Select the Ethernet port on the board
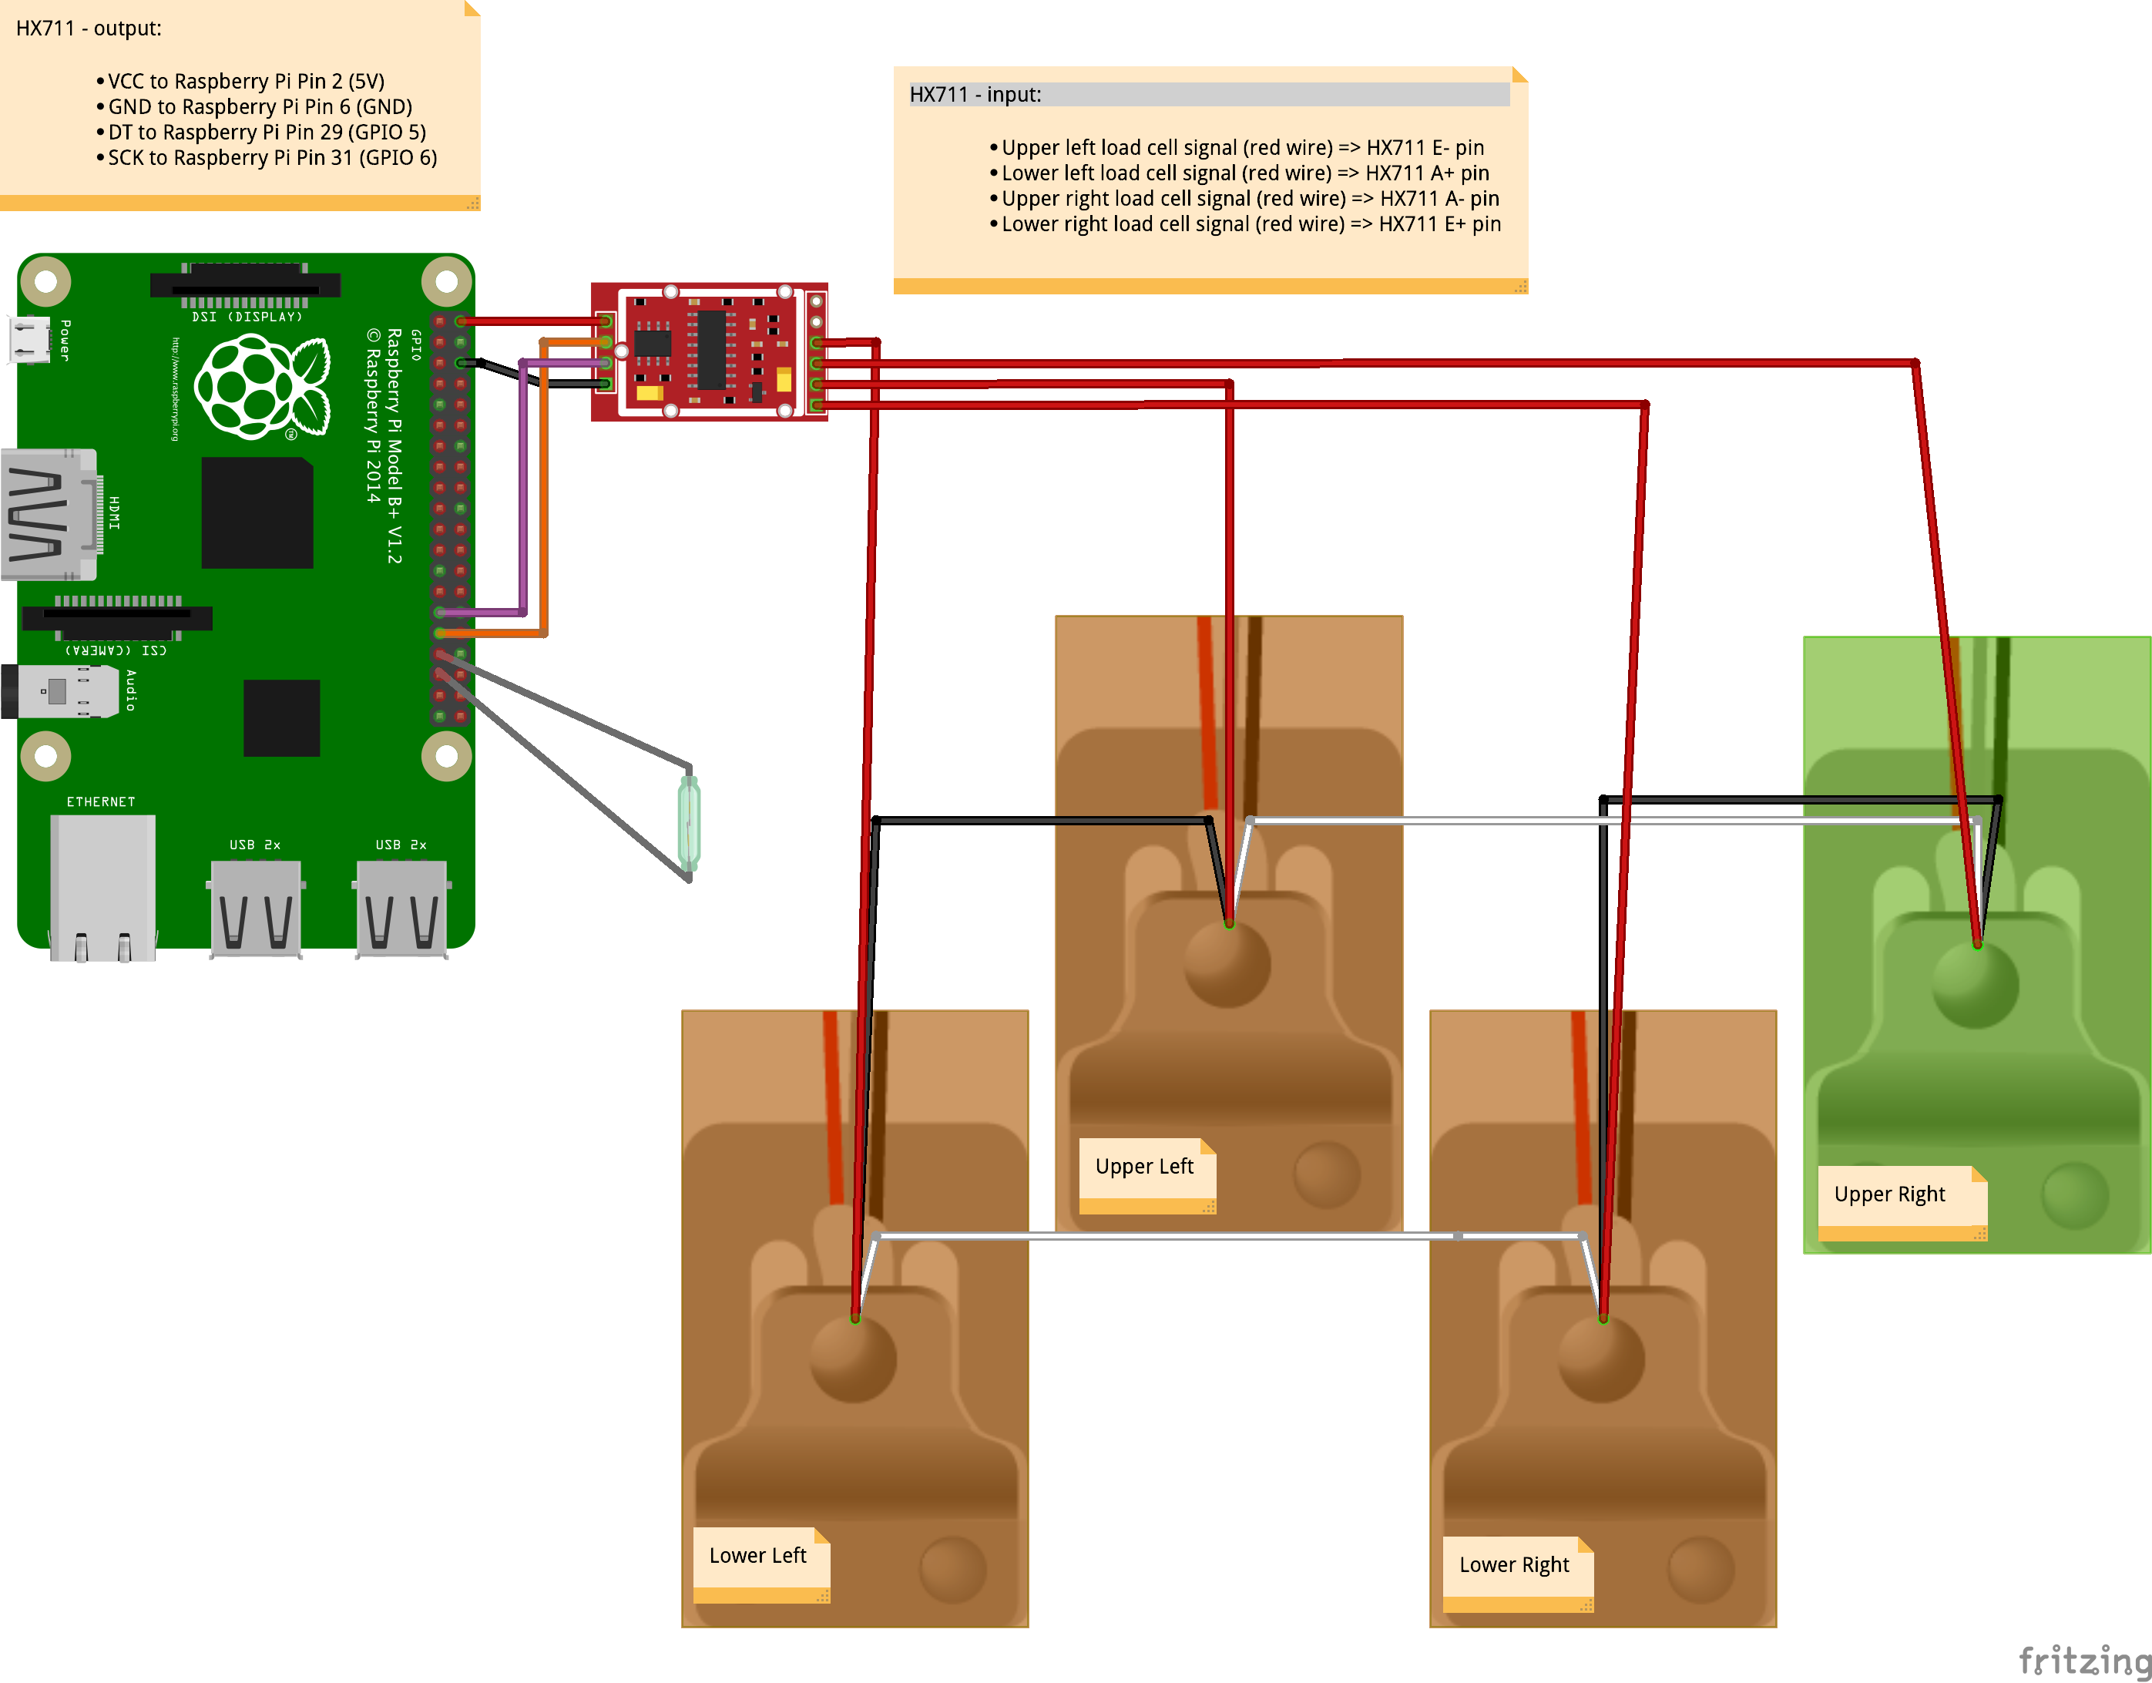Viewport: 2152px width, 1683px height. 102,887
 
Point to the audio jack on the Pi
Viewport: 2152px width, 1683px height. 59,690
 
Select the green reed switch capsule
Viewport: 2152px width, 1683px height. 689,823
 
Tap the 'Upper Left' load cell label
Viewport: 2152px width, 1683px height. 1145,1167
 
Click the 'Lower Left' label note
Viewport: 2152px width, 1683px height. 757,1557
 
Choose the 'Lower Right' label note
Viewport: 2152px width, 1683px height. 1515,1566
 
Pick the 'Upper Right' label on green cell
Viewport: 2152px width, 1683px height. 1890,1195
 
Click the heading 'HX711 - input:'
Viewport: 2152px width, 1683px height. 975,95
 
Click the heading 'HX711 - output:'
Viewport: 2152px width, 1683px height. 89,29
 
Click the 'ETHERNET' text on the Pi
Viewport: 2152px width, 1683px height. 100,802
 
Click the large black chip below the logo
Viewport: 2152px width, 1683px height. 257,512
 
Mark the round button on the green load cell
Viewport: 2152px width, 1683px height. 1976,986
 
